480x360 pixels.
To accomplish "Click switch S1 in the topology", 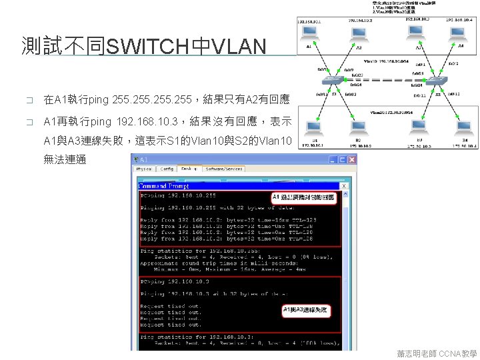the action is click(331, 80).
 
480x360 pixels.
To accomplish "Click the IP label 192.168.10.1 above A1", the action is click(309, 21).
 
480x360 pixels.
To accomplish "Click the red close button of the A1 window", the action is click(353, 159).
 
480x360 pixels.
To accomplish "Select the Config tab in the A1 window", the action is click(167, 169).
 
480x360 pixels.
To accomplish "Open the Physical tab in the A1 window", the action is click(144, 169).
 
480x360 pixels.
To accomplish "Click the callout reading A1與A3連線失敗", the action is click(308, 310).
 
